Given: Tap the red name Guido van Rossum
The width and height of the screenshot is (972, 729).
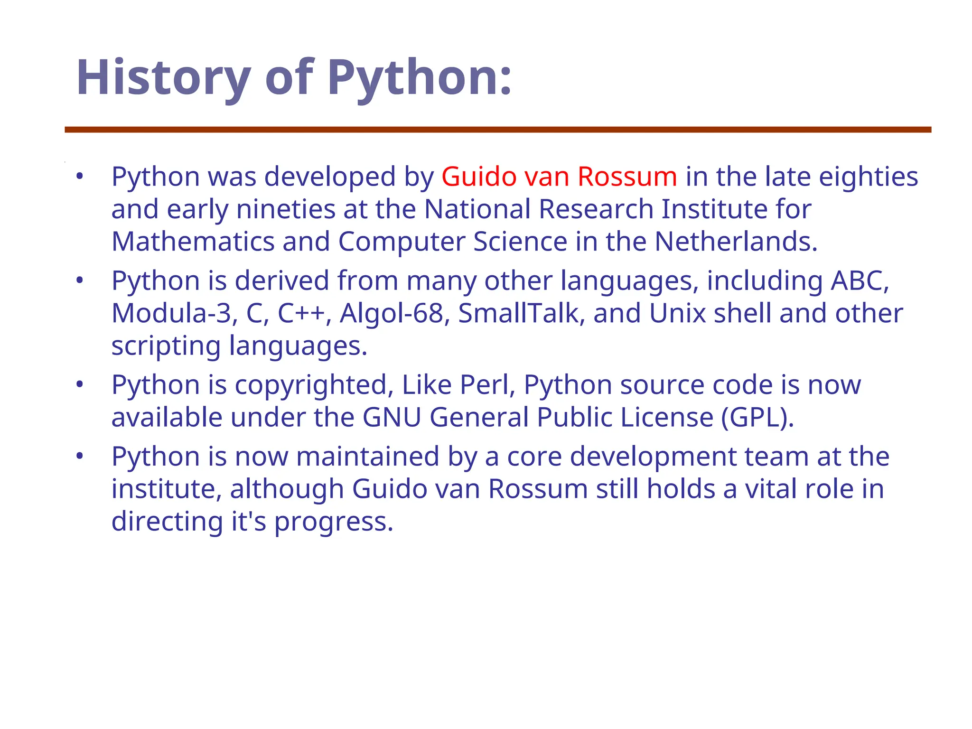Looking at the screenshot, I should [559, 177].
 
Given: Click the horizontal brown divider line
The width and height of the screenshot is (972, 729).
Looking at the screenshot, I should [498, 130].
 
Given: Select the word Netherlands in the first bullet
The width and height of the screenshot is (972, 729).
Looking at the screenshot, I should [736, 242].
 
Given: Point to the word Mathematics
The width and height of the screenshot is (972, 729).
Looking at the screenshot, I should [193, 242].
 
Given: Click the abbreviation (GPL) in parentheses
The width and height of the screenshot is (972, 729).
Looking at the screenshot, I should [757, 418].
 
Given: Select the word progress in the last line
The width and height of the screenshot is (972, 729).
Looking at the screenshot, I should [334, 522].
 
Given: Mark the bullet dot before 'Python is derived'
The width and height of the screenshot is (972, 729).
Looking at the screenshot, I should [80, 280].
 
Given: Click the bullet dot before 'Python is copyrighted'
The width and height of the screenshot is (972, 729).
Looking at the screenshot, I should [80, 384].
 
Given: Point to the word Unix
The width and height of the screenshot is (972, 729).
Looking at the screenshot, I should [677, 313].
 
